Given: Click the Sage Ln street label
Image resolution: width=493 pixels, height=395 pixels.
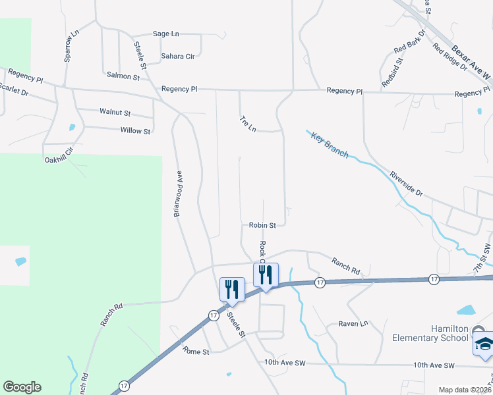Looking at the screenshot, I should pyautogui.click(x=166, y=34).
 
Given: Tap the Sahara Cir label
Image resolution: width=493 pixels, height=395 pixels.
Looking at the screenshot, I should pyautogui.click(x=178, y=57).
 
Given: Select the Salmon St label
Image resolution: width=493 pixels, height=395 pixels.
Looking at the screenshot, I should pyautogui.click(x=123, y=77).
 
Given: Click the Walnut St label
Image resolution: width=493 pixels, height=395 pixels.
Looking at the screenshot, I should pyautogui.click(x=115, y=113).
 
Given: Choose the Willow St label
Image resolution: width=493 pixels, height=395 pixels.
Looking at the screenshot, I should pyautogui.click(x=136, y=131).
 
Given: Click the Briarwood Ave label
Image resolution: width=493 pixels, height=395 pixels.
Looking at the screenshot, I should pyautogui.click(x=178, y=194).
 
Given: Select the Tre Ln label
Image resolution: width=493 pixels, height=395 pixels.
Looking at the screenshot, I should pyautogui.click(x=248, y=124).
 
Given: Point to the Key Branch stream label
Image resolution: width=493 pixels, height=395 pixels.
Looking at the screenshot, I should pyautogui.click(x=330, y=145).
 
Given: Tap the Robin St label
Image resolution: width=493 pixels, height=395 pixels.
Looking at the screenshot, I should pyautogui.click(x=262, y=225).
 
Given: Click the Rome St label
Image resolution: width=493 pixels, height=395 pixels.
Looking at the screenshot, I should pyautogui.click(x=196, y=352).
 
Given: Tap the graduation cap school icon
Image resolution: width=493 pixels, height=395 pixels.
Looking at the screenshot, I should pyautogui.click(x=483, y=344).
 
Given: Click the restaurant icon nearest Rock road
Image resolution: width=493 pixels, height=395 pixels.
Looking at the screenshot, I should pyautogui.click(x=266, y=275).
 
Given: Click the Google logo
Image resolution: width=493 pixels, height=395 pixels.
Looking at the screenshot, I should pyautogui.click(x=22, y=387).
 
